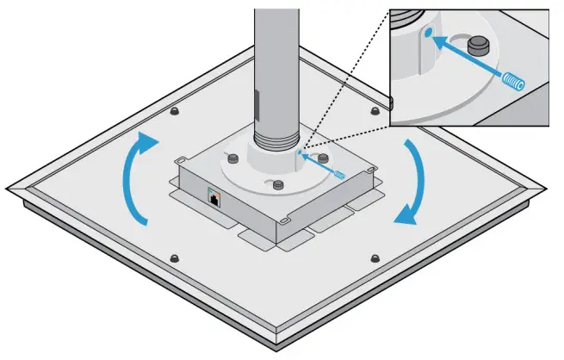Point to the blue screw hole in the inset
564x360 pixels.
click(429, 34)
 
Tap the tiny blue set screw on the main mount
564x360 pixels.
click(341, 174)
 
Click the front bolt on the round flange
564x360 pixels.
click(276, 183)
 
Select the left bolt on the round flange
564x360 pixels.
click(233, 155)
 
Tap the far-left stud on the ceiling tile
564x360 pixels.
click(174, 113)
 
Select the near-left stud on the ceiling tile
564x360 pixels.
click(175, 258)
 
